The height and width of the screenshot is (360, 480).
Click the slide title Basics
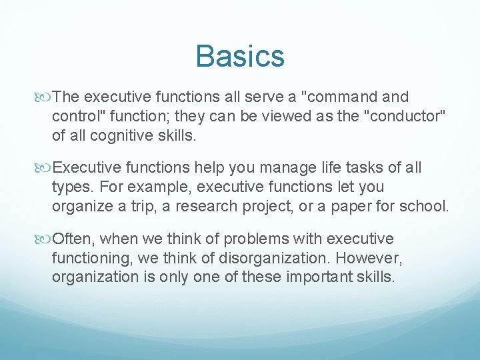(x=240, y=56)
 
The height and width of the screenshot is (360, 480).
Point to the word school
(x=425, y=207)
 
